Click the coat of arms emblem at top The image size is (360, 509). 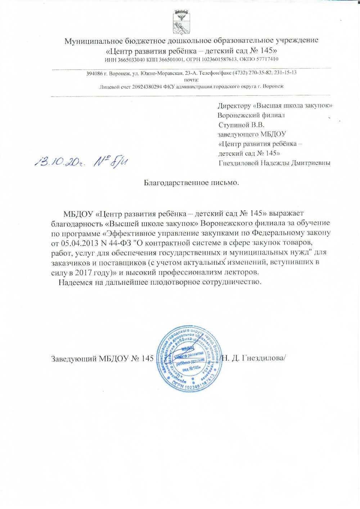pyautogui.click(x=180, y=21)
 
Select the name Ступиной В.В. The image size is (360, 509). pyautogui.click(x=241, y=125)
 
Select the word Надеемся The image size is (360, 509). pyautogui.click(x=76, y=282)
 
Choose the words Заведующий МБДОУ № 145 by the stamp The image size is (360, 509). pyautogui.click(x=102, y=359)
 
